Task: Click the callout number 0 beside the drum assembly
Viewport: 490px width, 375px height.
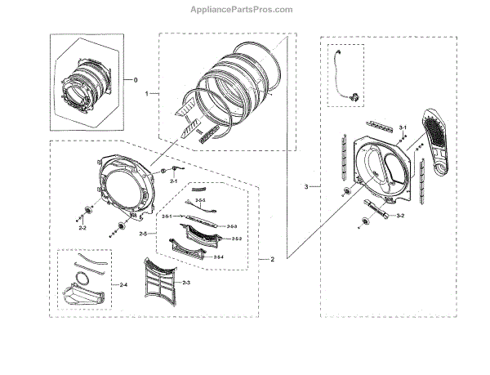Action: pyautogui.click(x=136, y=79)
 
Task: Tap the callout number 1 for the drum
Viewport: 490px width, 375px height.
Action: pyautogui.click(x=147, y=95)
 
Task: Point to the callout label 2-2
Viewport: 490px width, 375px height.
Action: pyautogui.click(x=82, y=229)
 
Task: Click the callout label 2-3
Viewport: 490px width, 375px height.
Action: pyautogui.click(x=186, y=282)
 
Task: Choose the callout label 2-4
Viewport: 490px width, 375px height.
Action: pyautogui.click(x=123, y=284)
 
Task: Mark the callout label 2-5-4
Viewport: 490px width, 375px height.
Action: pyautogui.click(x=218, y=257)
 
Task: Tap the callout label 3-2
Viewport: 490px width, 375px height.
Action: pyautogui.click(x=400, y=216)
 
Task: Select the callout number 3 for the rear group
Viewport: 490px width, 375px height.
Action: pyautogui.click(x=306, y=187)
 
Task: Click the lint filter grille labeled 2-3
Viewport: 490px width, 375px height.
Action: pyautogui.click(x=158, y=283)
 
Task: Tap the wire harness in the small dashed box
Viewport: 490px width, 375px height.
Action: pyautogui.click(x=344, y=78)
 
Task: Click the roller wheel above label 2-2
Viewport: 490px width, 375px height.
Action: pyautogui.click(x=85, y=214)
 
